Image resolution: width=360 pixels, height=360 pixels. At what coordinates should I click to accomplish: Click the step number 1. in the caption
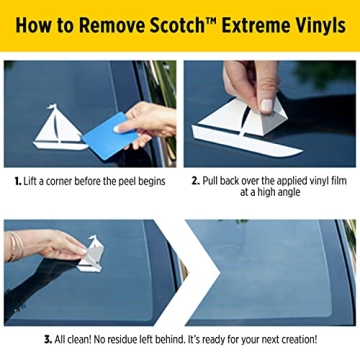point(18,182)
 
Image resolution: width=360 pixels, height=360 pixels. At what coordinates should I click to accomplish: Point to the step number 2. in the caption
point(196,182)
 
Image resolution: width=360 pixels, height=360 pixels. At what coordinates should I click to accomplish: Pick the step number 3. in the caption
point(48,339)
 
